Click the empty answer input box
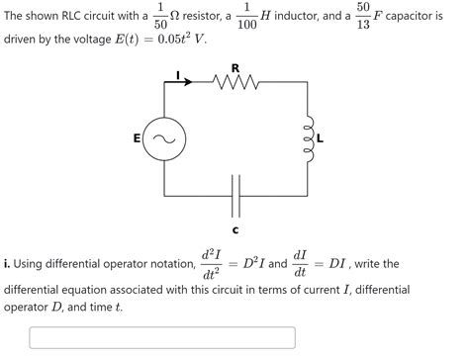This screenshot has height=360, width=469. (x=163, y=337)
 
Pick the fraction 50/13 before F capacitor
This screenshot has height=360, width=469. (x=363, y=17)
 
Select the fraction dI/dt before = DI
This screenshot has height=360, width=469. (x=300, y=265)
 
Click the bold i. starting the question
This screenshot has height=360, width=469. (x=8, y=265)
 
